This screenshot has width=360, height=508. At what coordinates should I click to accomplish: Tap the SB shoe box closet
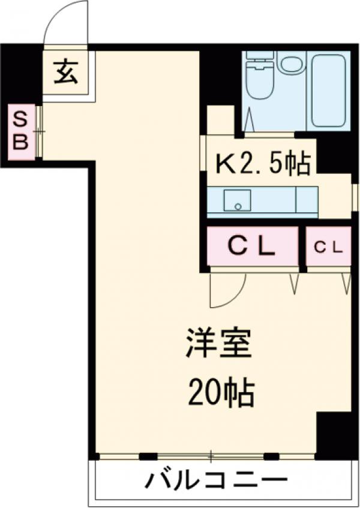click(21, 132)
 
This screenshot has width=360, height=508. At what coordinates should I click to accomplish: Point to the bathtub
click(328, 90)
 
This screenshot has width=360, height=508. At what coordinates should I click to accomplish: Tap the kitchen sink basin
click(237, 200)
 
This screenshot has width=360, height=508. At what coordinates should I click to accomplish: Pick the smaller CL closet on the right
click(328, 246)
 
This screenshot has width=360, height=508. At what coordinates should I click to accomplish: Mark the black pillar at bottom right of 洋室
click(334, 435)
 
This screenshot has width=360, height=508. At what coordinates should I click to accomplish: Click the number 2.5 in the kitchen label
click(259, 164)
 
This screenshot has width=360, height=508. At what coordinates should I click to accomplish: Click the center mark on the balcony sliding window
click(211, 456)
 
